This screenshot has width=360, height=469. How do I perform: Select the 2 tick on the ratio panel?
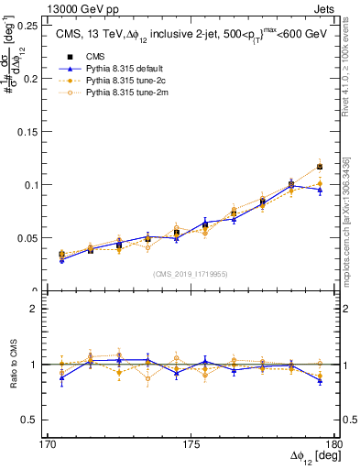coord(40,310)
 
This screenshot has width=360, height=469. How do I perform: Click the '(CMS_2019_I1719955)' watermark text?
coord(190,274)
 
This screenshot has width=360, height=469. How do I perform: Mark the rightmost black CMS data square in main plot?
coord(319,167)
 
